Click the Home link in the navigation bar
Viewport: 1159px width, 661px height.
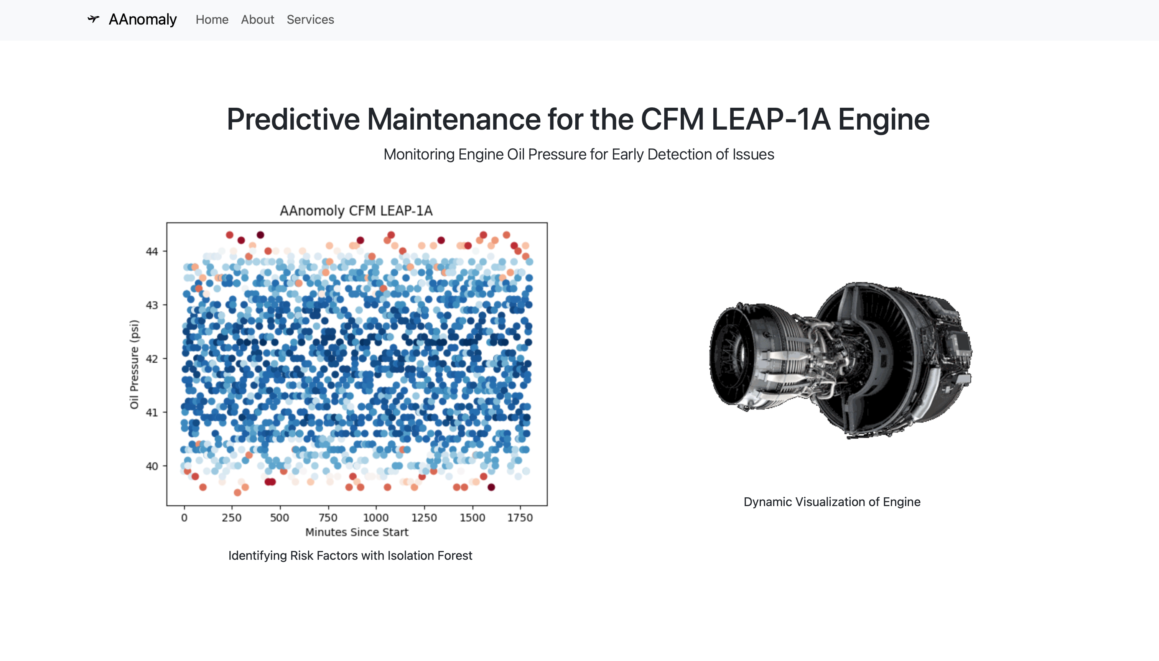click(212, 20)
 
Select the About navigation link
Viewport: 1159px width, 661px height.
click(257, 20)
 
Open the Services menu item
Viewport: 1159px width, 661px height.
click(311, 20)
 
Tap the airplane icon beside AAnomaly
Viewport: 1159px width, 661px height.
click(94, 19)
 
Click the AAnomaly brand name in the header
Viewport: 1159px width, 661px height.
click(143, 20)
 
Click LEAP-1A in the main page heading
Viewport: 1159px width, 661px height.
click(770, 119)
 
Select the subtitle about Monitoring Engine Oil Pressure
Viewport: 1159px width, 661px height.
click(579, 155)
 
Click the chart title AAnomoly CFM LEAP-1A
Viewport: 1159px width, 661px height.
click(356, 210)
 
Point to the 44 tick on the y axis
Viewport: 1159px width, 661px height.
click(151, 252)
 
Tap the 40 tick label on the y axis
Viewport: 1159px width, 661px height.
click(151, 466)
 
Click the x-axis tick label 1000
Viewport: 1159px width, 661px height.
click(376, 518)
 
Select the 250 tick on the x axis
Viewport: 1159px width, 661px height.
click(232, 518)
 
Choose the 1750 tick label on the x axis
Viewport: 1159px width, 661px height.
click(520, 518)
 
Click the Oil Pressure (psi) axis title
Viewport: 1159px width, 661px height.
click(134, 364)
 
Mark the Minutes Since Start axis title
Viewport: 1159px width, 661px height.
click(357, 532)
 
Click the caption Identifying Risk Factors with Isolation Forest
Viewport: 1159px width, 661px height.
click(351, 556)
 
